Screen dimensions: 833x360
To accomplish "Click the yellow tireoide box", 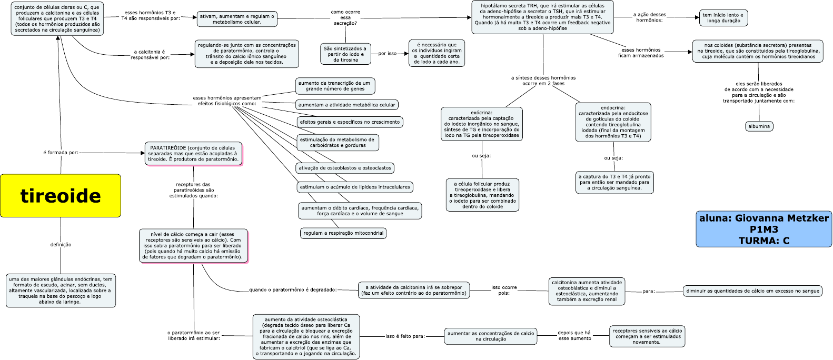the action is tap(61, 196).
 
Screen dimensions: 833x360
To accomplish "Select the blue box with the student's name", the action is tap(764, 229).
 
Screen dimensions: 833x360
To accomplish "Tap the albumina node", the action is tap(759, 126).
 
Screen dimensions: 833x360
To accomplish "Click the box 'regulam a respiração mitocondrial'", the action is tap(343, 233).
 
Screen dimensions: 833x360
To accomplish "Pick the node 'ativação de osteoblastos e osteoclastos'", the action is tap(345, 168).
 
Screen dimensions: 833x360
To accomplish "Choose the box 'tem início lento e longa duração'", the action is tap(723, 18).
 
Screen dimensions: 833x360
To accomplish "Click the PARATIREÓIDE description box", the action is tap(193, 153).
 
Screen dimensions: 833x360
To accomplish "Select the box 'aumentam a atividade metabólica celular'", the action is tap(346, 105).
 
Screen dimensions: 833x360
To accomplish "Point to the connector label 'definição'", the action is tap(61, 245).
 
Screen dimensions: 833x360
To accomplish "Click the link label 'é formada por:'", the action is tap(61, 153).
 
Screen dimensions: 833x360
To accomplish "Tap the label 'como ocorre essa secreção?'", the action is tap(345, 17).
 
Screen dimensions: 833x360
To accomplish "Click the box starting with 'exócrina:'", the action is tap(482, 124).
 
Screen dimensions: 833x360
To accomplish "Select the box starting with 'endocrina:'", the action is tap(613, 122).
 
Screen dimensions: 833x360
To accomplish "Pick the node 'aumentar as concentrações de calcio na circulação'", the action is tap(491, 336).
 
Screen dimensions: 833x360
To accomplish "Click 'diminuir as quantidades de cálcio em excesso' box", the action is tap(752, 291).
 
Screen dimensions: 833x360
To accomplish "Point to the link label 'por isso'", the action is tap(388, 54).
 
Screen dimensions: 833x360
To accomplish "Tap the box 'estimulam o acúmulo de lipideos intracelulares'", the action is tap(355, 187).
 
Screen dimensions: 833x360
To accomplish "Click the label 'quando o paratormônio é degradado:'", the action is tap(293, 289).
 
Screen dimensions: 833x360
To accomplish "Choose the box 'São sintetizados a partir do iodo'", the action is tap(345, 54).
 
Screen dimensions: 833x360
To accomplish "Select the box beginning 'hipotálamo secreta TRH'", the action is tap(542, 17).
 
